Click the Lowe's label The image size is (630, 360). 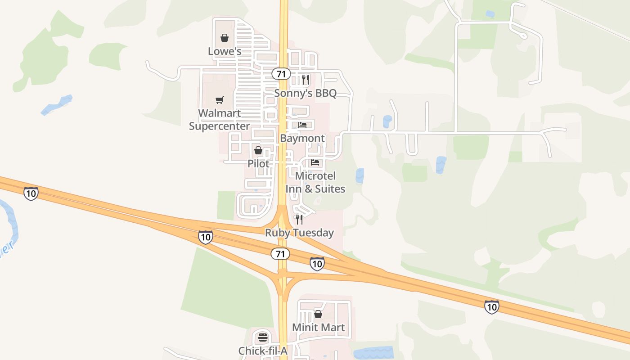click(225, 51)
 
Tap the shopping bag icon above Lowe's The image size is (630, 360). click(225, 38)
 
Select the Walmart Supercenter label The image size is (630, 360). click(219, 120)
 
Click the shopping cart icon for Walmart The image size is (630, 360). click(219, 100)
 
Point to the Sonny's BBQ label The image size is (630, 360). click(306, 93)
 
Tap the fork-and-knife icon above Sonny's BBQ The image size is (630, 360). click(306, 80)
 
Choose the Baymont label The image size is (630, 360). click(302, 138)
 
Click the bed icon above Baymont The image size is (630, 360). click(302, 125)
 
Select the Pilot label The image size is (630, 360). click(259, 163)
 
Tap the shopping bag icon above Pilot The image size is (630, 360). click(258, 150)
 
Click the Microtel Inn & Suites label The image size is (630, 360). click(315, 182)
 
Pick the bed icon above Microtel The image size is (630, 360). click(315, 162)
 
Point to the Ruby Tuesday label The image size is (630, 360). click(299, 233)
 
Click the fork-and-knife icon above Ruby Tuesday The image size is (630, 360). click(299, 220)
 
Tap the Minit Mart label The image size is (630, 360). click(319, 327)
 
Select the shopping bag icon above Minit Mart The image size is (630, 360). click(318, 314)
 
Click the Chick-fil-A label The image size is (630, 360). click(263, 351)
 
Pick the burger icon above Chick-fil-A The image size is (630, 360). click(263, 337)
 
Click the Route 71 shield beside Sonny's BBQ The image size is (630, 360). click(281, 74)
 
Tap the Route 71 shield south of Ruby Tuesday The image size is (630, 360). click(280, 254)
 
